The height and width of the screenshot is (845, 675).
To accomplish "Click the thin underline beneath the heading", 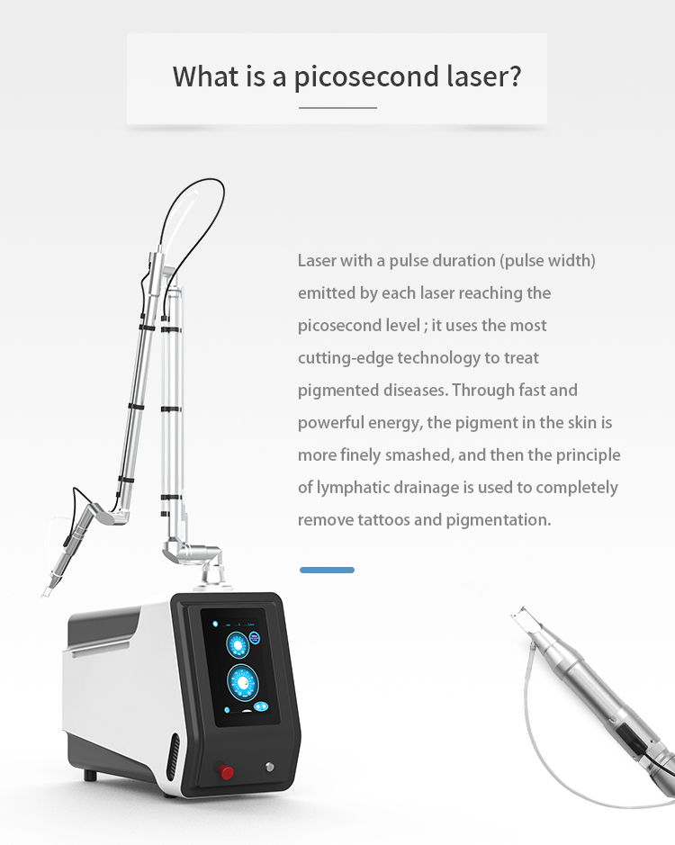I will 337,108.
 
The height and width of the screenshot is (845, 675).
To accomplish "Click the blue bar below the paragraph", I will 327,570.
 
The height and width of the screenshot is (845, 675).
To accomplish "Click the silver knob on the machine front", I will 269,767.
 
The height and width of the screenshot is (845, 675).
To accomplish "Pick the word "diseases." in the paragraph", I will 417,390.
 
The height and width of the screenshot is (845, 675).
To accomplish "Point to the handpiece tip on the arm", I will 46,589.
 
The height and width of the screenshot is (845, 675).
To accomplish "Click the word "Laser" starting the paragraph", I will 317,260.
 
